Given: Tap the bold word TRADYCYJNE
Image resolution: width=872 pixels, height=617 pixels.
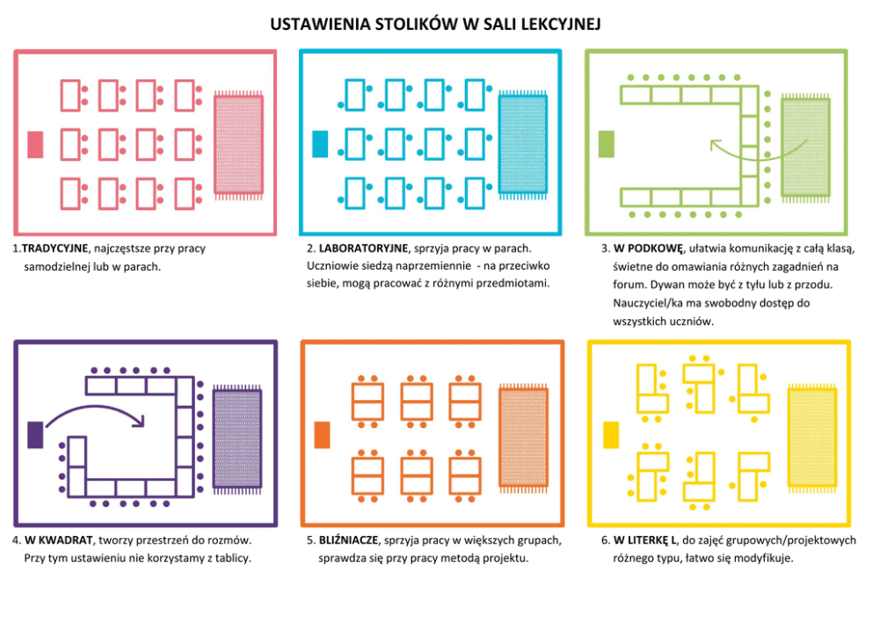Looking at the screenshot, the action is click(54, 248).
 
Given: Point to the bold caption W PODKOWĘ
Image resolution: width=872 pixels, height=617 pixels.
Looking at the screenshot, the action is click(648, 248).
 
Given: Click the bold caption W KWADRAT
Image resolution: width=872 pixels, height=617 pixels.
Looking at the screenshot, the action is click(58, 540).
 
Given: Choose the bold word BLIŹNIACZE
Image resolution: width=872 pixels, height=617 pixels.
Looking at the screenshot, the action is click(348, 540).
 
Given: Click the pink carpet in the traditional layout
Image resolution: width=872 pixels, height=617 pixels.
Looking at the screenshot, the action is click(238, 145).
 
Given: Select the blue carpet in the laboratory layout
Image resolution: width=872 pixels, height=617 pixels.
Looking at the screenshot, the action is click(523, 145).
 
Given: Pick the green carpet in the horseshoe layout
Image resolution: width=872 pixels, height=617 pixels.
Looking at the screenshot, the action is click(805, 148).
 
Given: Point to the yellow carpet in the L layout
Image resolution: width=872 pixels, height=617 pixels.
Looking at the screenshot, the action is click(812, 439).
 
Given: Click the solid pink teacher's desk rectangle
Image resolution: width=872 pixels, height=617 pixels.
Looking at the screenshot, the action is click(35, 144).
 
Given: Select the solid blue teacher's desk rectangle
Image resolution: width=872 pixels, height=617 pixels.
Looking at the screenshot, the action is click(320, 144).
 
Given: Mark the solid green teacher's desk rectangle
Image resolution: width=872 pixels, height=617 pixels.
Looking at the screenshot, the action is click(607, 144).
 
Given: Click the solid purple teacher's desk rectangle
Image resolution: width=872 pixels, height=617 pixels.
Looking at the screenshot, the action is click(35, 435).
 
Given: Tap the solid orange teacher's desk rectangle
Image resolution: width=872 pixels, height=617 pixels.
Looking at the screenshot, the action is click(322, 435).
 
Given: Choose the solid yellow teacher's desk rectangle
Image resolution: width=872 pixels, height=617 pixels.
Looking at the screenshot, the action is click(611, 435).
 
